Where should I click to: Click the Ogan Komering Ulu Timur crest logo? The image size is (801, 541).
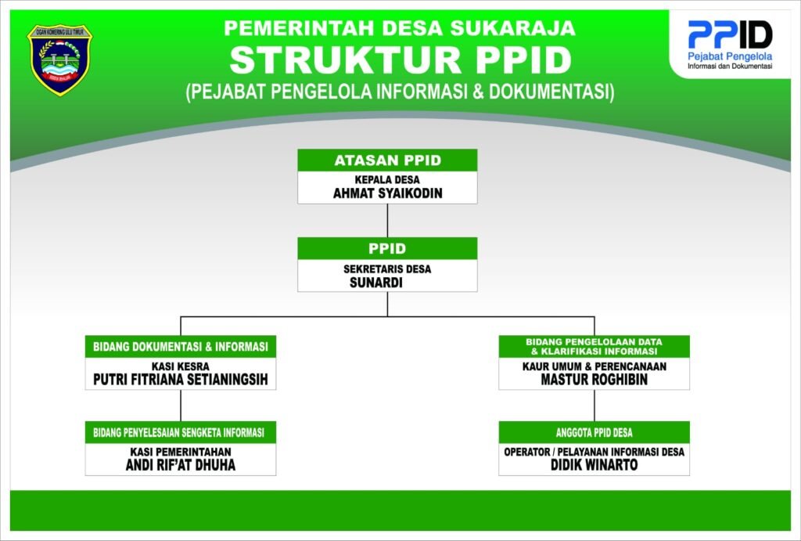(59, 60)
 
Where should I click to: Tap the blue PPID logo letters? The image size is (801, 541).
(730, 34)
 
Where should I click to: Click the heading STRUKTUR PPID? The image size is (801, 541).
(400, 60)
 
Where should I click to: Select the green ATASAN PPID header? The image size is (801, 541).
(387, 160)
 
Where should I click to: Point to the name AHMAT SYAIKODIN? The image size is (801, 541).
(387, 193)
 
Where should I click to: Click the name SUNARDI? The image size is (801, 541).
(376, 283)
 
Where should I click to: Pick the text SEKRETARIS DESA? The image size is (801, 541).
(387, 269)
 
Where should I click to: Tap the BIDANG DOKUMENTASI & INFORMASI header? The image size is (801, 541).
(181, 347)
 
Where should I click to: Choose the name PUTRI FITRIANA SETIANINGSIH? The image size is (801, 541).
(181, 380)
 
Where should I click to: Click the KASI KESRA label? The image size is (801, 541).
(181, 366)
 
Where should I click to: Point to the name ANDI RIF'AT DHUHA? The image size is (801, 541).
(181, 465)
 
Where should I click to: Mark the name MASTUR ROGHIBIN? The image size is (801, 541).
(594, 380)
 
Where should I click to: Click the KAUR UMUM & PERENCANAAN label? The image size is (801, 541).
(594, 366)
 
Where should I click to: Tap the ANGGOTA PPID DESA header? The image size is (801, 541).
(594, 433)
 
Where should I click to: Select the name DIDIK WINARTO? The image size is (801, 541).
(594, 465)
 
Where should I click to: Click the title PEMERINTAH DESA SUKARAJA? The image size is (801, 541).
(400, 28)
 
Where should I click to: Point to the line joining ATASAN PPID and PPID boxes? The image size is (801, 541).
(387, 220)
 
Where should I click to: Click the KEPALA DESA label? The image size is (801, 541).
(387, 180)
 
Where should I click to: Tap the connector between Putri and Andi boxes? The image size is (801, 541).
(181, 406)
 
